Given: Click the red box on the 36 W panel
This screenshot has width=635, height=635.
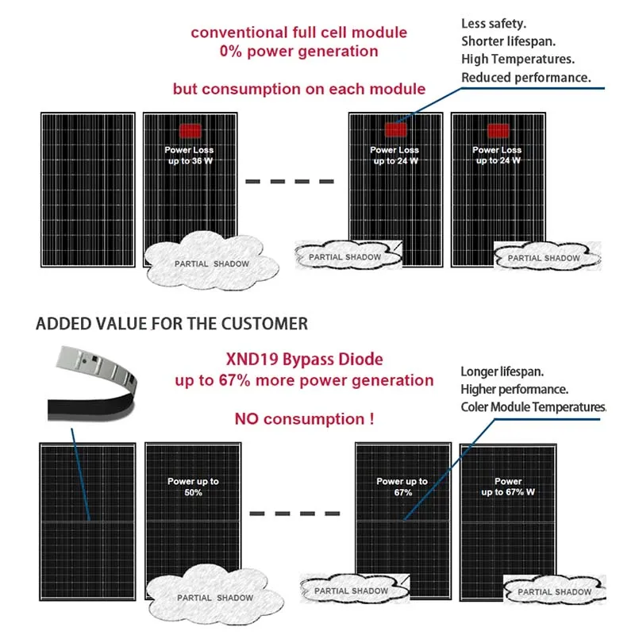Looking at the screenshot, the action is coord(189,131).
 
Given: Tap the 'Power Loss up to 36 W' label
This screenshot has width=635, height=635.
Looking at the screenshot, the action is coord(189,155).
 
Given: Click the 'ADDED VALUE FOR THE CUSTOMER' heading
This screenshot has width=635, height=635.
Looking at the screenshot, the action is coord(172,324).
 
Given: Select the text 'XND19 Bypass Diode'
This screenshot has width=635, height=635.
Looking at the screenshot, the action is coord(305,360).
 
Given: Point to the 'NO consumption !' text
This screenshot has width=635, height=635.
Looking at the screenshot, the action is coord(304,418).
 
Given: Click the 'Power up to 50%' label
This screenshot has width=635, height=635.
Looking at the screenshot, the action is coord(193,487).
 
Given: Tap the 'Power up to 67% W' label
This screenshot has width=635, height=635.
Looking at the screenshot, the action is coord(508,487).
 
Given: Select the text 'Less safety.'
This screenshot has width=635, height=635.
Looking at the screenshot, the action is coord(493,23).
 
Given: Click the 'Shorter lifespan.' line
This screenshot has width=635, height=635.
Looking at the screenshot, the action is coord(508,41).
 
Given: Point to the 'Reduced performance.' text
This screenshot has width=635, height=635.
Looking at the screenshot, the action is coord(526,78).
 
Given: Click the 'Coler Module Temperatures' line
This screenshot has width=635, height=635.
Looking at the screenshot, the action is coord(533,407).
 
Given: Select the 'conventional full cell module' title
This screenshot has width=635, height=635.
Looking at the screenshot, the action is coord(298,33).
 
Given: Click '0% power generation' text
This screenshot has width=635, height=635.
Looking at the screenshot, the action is coord(298,51).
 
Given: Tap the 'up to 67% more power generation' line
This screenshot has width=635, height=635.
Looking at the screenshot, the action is coord(305,380).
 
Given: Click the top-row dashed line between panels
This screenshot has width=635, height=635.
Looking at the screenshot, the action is coord(288,182).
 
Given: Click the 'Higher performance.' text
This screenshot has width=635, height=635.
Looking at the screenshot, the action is coord(514,389).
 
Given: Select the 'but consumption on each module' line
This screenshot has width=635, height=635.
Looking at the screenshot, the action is coord(299,89).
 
